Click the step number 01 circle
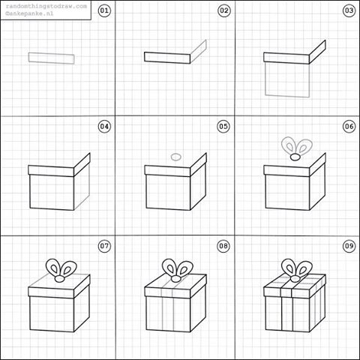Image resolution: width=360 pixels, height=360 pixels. (x=104, y=10)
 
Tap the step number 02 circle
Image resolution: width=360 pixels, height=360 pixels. (x=223, y=10)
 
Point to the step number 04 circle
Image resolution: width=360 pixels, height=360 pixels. (x=104, y=127)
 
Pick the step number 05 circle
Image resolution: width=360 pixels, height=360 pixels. (x=223, y=127)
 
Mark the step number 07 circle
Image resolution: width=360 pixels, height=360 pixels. (x=104, y=245)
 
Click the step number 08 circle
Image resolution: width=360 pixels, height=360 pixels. (x=223, y=245)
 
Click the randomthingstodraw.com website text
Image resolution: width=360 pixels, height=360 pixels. (x=44, y=5)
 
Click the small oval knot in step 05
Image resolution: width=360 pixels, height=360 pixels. (x=176, y=157)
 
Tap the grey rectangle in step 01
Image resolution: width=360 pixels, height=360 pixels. (x=52, y=58)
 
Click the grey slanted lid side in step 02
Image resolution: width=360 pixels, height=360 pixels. (x=198, y=50)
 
